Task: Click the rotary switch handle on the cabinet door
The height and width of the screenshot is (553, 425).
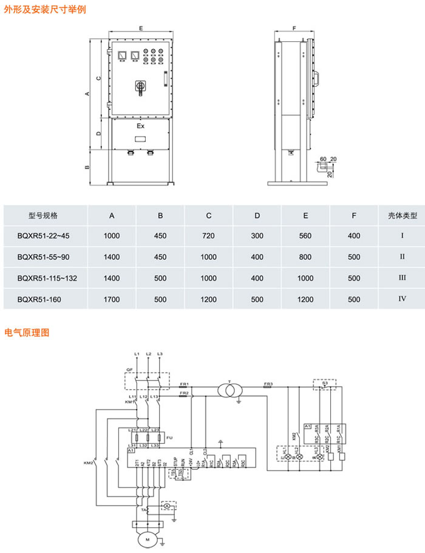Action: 141,87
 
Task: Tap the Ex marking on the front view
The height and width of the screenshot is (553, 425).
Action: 140,127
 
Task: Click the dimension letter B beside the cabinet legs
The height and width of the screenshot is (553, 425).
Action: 87,168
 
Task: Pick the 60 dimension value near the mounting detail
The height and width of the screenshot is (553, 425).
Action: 324,159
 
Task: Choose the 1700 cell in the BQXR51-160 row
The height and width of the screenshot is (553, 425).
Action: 112,299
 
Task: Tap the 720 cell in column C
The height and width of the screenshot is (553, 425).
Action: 208,236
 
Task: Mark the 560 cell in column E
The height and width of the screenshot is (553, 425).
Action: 305,236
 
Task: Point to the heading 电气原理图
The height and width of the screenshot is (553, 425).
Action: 27,333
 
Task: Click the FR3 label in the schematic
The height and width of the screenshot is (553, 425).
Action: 268,384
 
